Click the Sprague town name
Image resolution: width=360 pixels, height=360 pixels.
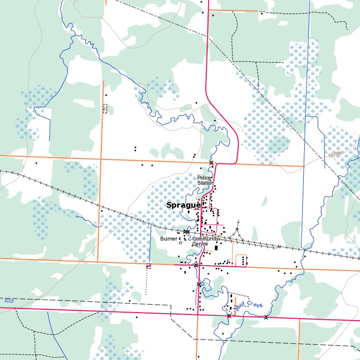(x=184, y=205)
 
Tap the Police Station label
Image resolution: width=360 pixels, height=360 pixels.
(x=204, y=180)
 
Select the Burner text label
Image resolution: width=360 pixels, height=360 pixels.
(x=169, y=239)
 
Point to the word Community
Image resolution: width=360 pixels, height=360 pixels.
(x=206, y=239)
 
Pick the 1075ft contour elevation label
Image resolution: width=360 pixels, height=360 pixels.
(x=335, y=154)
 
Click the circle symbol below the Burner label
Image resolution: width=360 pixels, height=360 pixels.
(x=180, y=243)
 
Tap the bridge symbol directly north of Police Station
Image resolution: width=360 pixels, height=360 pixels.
(x=211, y=163)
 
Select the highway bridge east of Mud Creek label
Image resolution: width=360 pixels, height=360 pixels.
(x=266, y=317)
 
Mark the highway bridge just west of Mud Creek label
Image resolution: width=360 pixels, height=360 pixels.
(x=229, y=316)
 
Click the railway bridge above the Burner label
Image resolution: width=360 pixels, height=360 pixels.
(x=187, y=232)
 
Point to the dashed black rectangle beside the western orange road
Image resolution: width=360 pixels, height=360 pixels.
(x=105, y=108)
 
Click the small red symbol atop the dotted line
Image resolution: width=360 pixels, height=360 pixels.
(x=149, y=266)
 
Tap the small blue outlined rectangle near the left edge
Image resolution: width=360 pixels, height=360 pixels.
(x=9, y=300)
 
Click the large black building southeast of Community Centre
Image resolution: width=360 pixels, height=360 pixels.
(x=216, y=248)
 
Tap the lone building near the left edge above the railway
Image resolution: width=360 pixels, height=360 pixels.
(x=36, y=163)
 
